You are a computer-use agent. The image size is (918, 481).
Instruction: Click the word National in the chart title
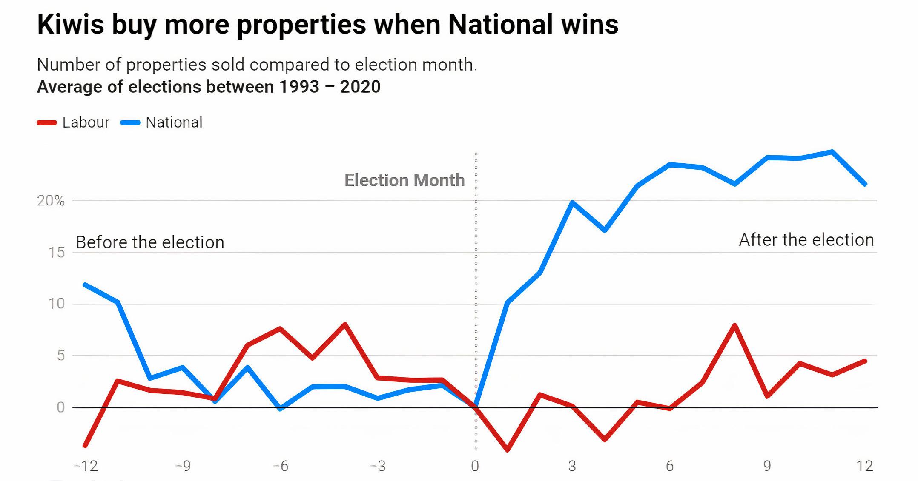tap(500, 24)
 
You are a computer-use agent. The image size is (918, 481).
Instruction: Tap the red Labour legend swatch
tap(47, 122)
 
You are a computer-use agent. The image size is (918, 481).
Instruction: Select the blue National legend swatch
tap(130, 122)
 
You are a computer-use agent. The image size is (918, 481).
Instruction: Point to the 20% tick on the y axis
tap(51, 200)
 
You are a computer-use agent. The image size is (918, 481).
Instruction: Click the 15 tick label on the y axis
tap(57, 253)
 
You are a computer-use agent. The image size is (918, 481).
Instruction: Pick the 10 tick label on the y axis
tap(56, 304)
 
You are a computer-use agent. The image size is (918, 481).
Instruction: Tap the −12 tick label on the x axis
tap(86, 466)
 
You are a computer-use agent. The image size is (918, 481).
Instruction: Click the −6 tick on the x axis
tap(280, 466)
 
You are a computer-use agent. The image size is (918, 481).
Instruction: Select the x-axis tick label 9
tap(767, 466)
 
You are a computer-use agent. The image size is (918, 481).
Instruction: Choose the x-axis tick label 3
tap(572, 466)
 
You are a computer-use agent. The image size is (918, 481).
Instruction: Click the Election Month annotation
tap(404, 180)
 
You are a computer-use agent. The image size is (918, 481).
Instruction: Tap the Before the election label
tap(150, 242)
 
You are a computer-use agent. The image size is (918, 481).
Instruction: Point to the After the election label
tap(806, 240)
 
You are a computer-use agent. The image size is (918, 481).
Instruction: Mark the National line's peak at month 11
tap(832, 151)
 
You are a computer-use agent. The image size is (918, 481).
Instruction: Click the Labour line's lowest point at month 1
tap(507, 450)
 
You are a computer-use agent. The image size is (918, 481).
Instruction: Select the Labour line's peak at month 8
tap(735, 325)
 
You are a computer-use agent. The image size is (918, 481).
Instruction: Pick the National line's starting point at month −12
tap(85, 285)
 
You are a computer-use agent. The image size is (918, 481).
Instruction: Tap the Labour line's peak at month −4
tap(345, 324)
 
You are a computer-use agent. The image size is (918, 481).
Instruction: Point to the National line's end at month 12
tap(865, 184)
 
